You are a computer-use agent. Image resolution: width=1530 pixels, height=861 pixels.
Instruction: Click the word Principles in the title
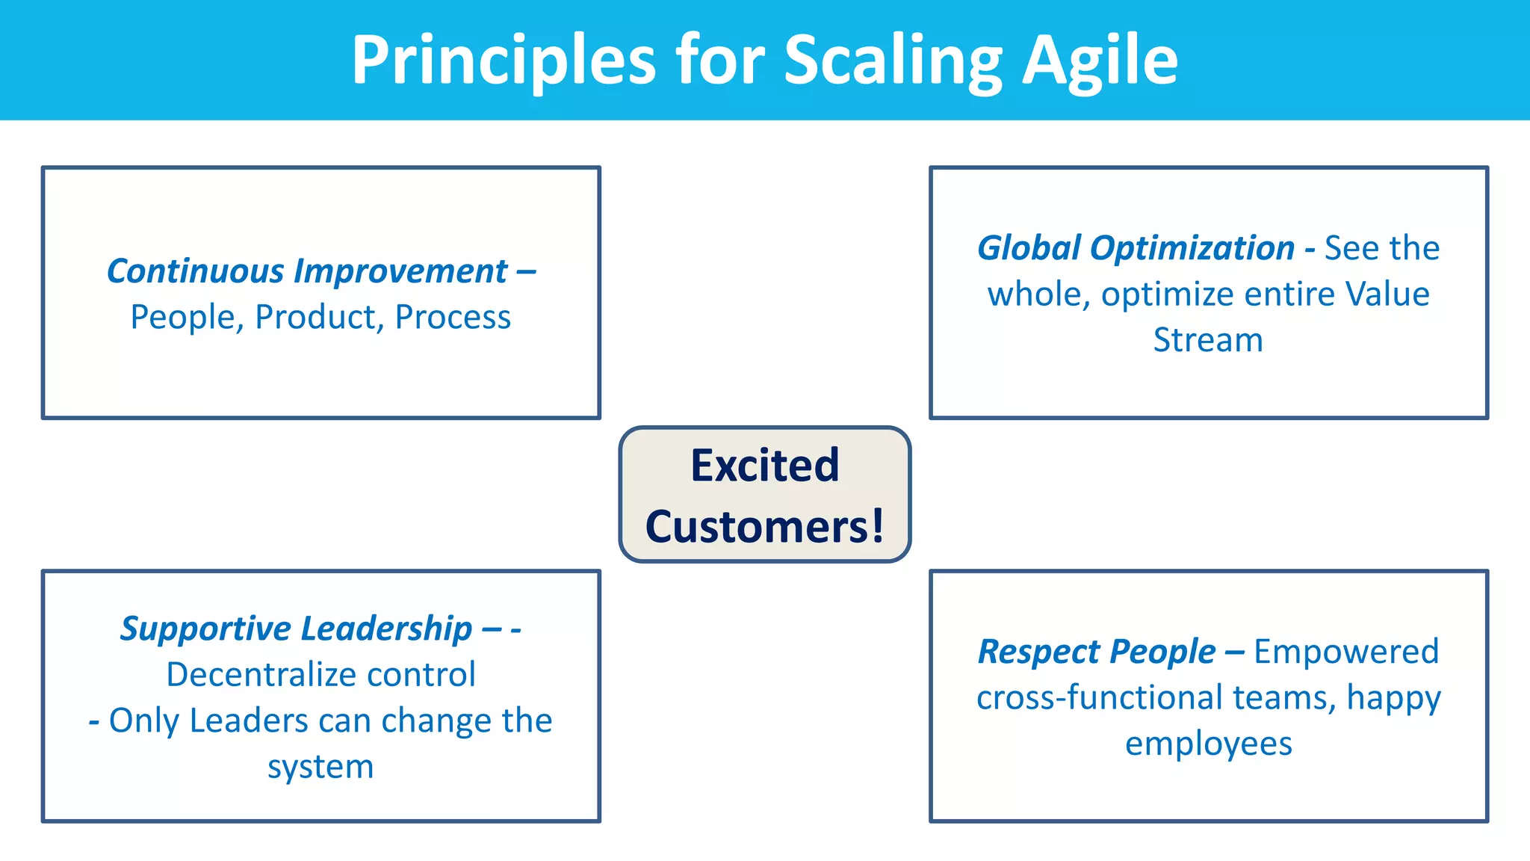504,60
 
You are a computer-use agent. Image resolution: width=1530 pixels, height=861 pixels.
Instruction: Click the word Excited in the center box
765,465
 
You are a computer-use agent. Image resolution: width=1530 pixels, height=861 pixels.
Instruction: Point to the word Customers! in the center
765,526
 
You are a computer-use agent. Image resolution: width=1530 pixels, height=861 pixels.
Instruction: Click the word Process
453,317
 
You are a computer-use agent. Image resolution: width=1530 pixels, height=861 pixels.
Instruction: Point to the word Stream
1208,340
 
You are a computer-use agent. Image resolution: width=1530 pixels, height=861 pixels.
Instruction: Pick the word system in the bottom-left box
320,767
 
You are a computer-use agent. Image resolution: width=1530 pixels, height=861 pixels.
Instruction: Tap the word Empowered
1345,652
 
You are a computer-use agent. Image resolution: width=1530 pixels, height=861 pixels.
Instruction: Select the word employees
1208,744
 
